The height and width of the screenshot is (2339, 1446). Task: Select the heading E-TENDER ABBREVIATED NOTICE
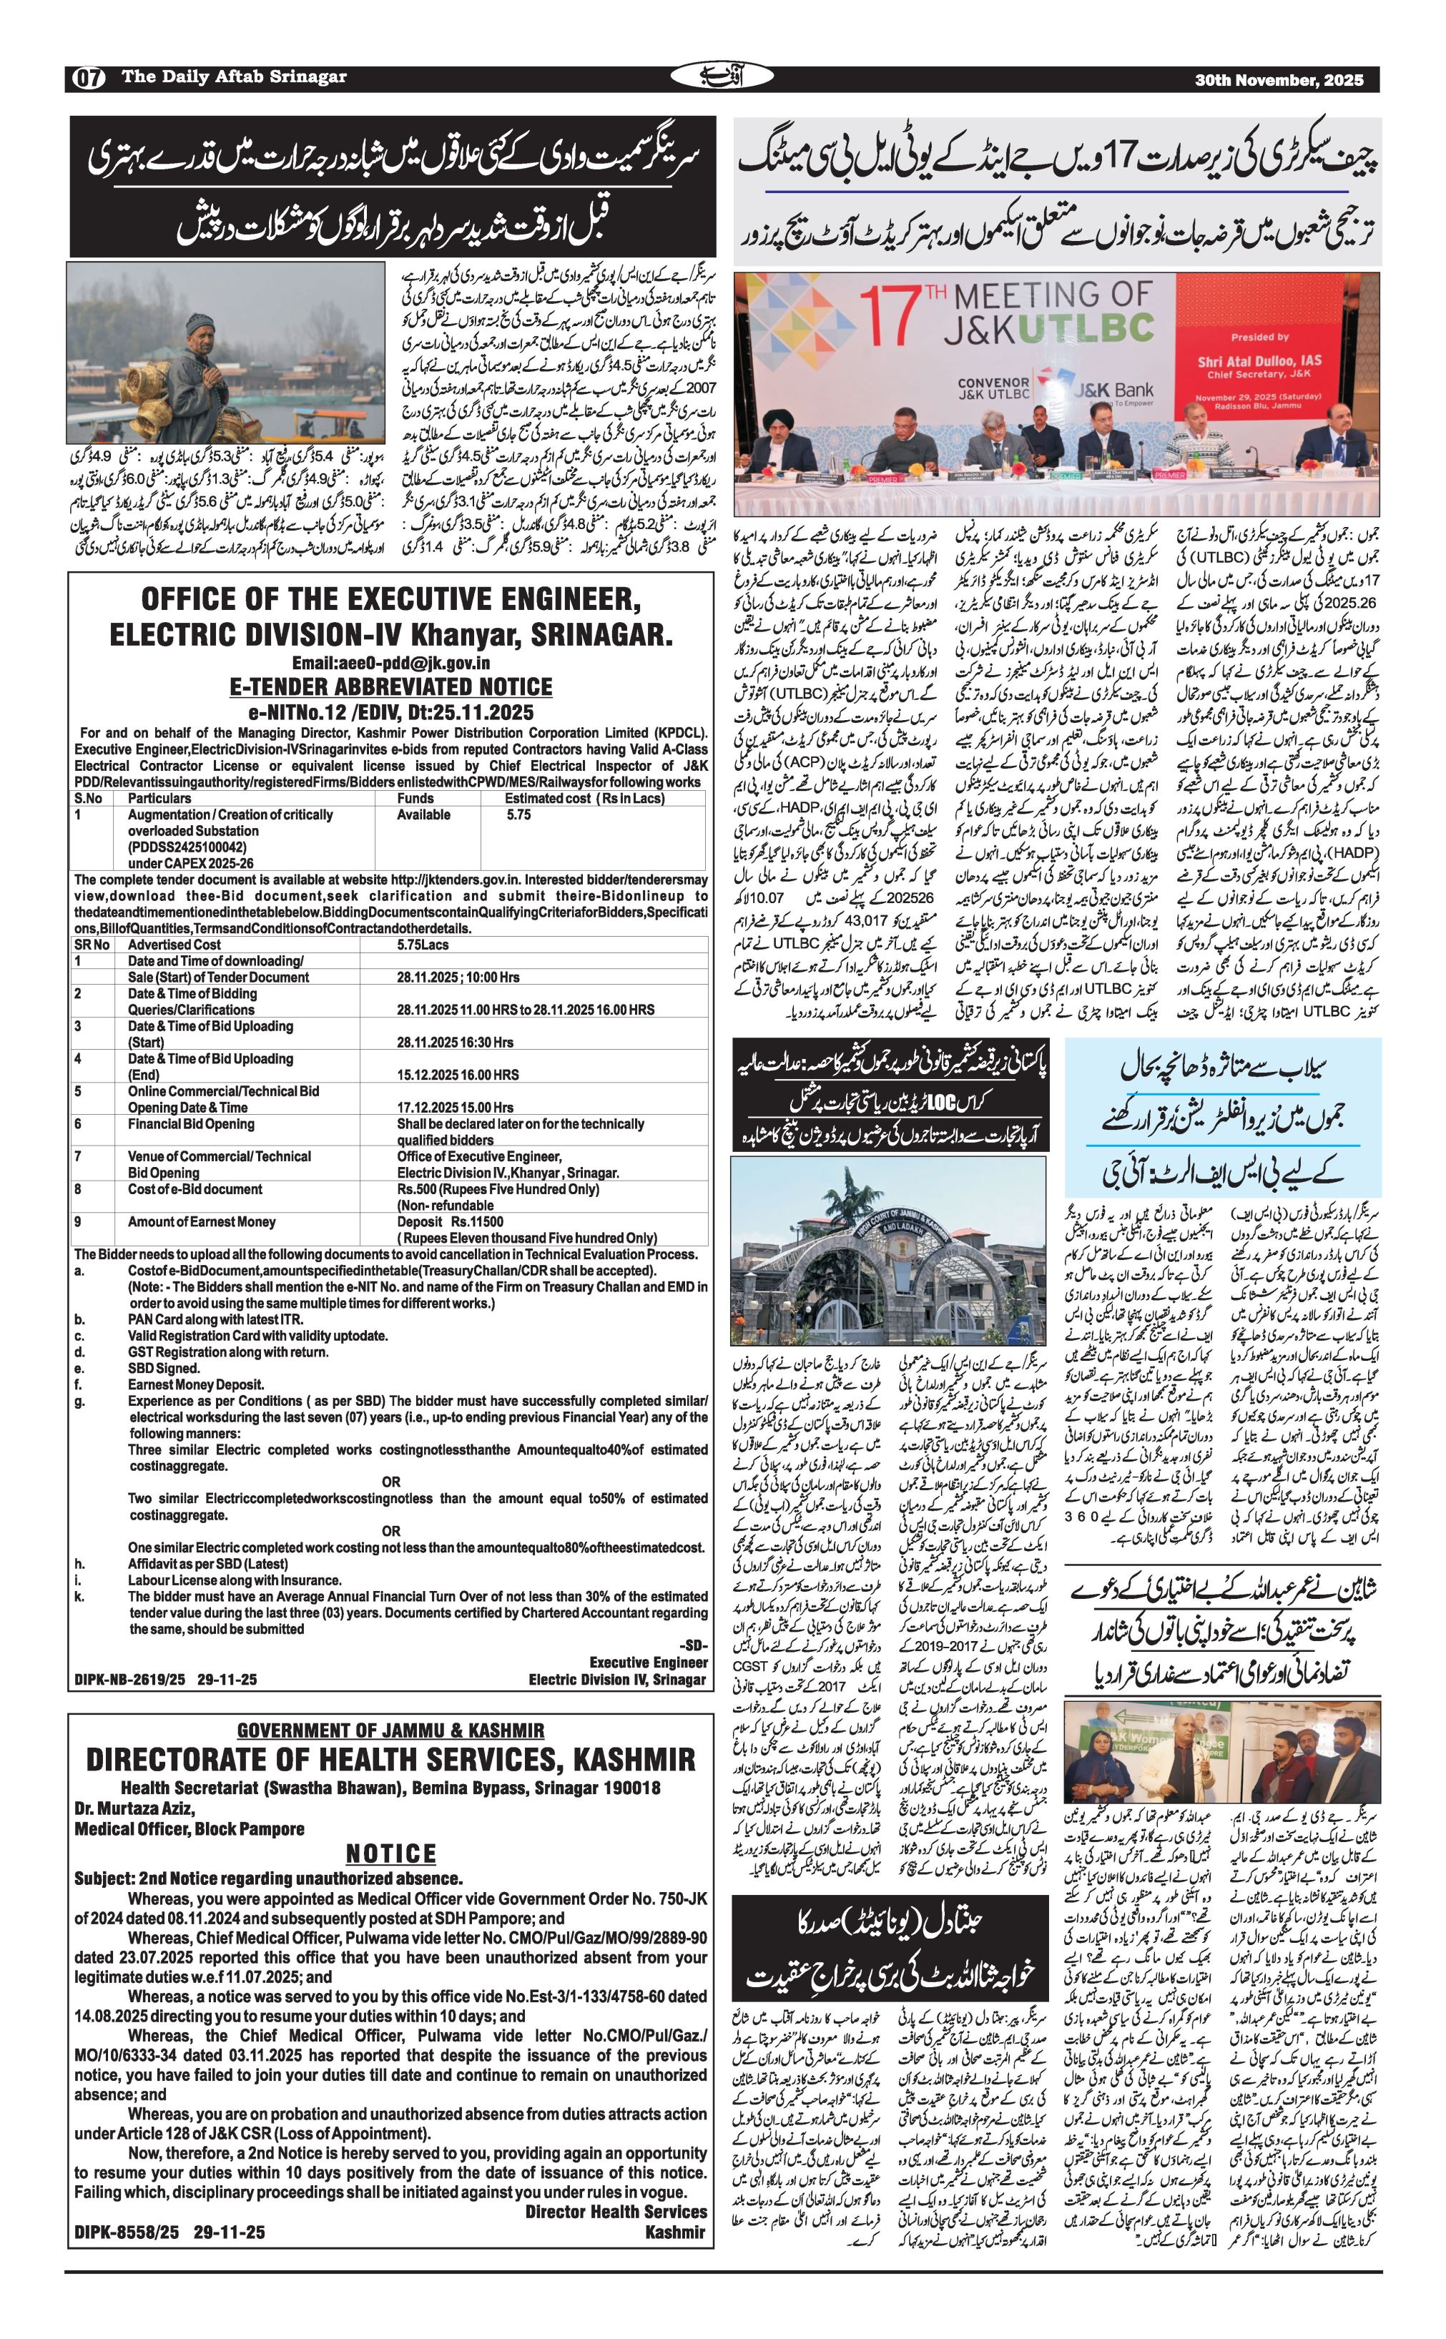[x=391, y=686]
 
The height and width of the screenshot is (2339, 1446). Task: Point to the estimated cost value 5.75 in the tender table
[x=518, y=814]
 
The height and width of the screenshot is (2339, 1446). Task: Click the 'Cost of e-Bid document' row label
[x=195, y=1188]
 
